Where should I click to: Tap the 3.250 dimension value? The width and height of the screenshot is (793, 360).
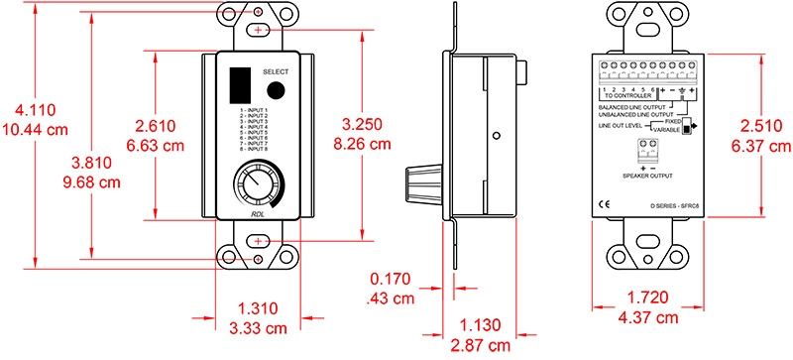(x=363, y=124)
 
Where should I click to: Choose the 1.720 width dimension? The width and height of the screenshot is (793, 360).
(x=648, y=300)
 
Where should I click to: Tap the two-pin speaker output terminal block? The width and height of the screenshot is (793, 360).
(x=649, y=149)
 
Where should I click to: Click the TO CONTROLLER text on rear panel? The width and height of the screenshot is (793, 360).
(x=630, y=96)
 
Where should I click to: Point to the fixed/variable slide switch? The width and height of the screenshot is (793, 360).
(x=685, y=128)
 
